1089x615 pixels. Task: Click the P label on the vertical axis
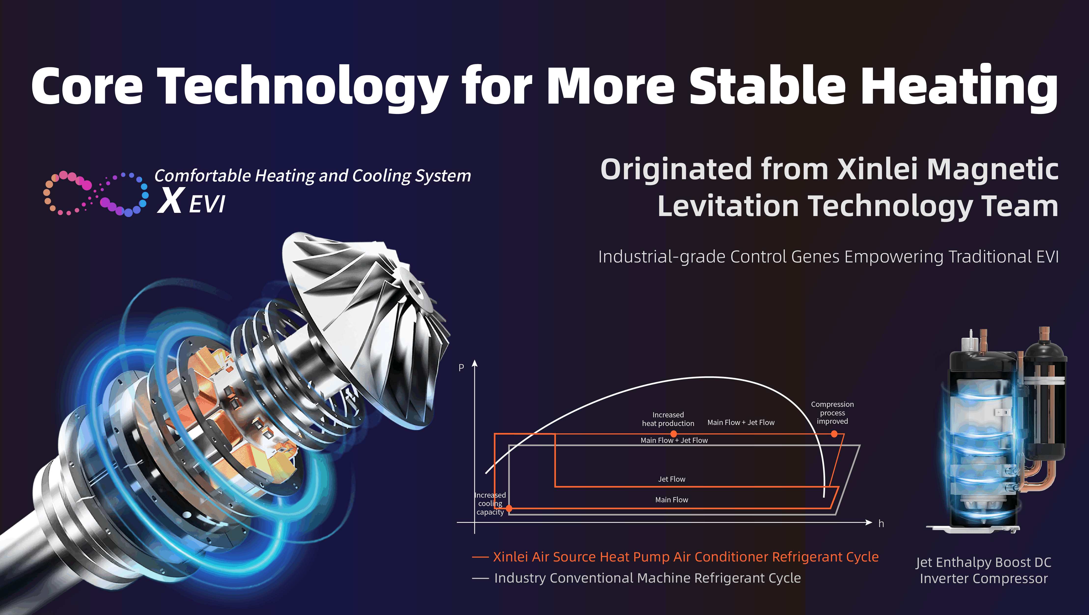pyautogui.click(x=461, y=368)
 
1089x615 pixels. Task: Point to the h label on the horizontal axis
pyautogui.click(x=881, y=524)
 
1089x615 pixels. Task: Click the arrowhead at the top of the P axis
pyautogui.click(x=475, y=364)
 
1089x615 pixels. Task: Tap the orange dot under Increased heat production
pyautogui.click(x=674, y=434)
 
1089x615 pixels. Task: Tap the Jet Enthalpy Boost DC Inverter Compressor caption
pyautogui.click(x=984, y=570)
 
